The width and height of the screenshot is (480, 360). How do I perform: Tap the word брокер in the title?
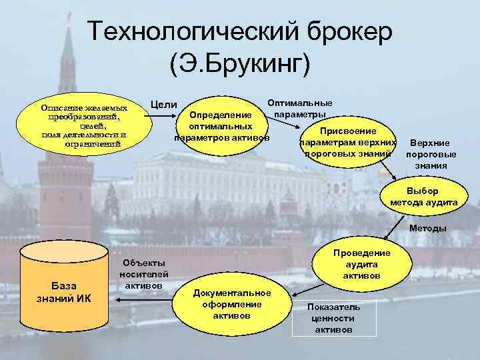point(341,33)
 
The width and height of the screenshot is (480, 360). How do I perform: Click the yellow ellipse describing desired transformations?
point(83,125)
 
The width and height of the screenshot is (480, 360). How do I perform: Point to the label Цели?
point(164,104)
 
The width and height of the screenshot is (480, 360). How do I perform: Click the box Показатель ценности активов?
point(333,317)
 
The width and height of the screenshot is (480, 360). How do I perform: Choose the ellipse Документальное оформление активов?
point(231,303)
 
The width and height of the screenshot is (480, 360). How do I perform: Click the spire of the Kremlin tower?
point(67,40)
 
